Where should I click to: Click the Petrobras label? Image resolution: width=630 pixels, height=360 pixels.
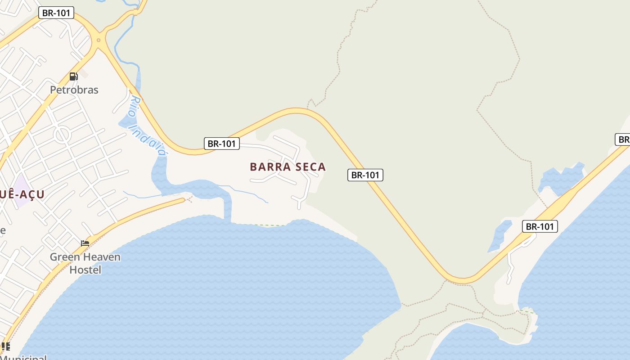tap(74, 90)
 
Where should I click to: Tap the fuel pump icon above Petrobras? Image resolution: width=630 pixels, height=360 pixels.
tap(73, 76)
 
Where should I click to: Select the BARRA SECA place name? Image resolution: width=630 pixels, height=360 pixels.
tap(288, 167)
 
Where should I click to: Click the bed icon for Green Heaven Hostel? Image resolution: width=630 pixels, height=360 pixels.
tap(85, 243)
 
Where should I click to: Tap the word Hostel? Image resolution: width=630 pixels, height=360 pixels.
tap(85, 270)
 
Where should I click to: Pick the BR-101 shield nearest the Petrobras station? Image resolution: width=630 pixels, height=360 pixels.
tap(56, 13)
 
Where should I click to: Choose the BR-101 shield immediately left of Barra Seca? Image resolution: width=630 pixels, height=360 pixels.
tap(221, 144)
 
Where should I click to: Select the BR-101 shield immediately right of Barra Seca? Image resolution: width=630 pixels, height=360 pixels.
tap(365, 175)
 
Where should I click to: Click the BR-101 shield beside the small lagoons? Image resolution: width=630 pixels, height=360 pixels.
tap(540, 226)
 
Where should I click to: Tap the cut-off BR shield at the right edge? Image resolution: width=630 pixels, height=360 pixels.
tap(623, 139)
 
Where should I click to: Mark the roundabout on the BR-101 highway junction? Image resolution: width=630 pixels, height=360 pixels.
tap(99, 40)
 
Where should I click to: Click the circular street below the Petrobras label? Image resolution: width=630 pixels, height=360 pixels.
tap(62, 134)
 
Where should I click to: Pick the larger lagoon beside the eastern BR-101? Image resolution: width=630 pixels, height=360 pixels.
tap(560, 178)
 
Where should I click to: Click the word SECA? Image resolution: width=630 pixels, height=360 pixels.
tap(309, 167)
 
